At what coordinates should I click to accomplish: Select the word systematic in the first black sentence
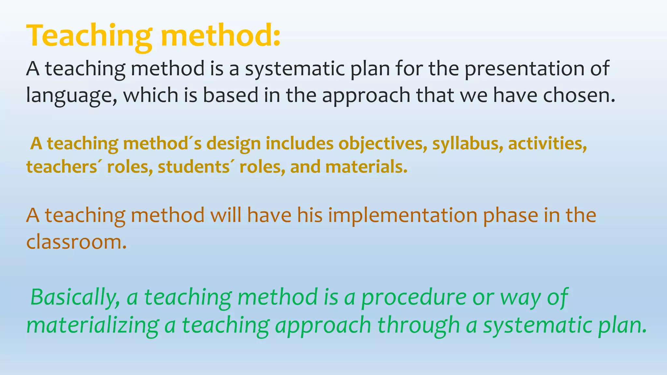[x=295, y=69]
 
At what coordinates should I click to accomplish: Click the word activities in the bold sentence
[x=547, y=144]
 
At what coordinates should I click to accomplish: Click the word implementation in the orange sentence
[x=402, y=215]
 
